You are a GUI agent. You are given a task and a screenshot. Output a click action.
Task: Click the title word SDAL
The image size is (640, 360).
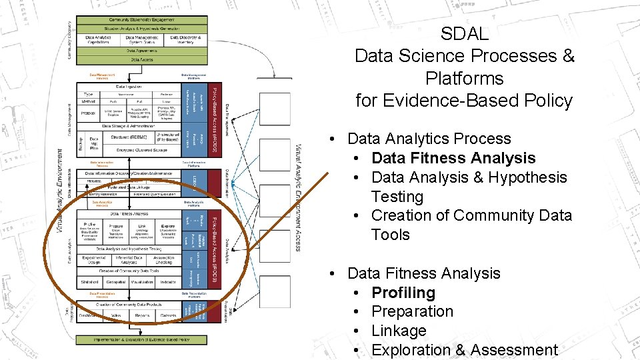465,33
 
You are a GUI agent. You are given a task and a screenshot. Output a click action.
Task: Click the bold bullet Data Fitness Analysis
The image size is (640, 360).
453,158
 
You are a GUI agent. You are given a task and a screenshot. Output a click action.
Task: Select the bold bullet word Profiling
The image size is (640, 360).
403,293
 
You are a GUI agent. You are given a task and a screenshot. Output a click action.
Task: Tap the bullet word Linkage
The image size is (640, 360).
399,331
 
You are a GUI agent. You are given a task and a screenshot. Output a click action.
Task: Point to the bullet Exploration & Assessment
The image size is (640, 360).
465,350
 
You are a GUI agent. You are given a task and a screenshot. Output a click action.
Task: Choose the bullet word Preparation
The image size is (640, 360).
412,311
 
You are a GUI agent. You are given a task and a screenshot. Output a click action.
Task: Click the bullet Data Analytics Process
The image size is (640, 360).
429,139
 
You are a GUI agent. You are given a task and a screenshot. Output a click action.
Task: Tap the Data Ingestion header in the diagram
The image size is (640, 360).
129,87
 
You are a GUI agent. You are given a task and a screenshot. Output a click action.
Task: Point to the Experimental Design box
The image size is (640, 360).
94,259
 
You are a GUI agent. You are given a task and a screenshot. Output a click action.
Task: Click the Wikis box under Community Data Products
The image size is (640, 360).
116,315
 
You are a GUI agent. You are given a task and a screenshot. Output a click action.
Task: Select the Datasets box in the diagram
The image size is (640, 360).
168,315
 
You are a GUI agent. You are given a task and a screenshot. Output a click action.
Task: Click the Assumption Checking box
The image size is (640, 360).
163,259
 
